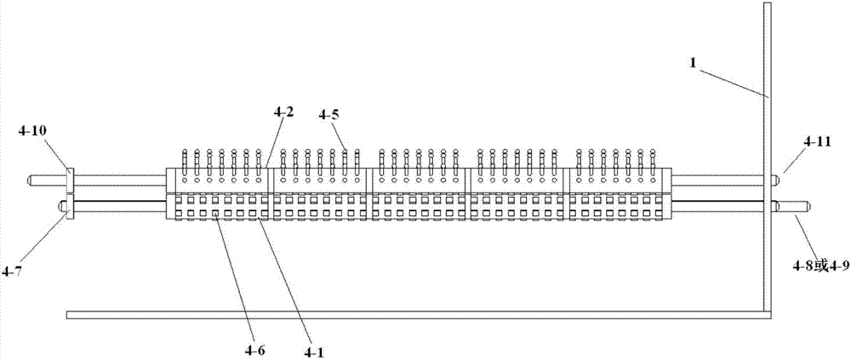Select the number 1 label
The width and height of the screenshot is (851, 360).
point(693,62)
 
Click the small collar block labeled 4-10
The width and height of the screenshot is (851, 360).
point(69,180)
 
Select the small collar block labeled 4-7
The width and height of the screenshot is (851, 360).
point(69,206)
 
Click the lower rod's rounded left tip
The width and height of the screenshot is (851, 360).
point(61,207)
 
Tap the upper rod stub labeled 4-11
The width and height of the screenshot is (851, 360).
point(777,180)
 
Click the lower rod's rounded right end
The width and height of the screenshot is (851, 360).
point(806,207)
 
